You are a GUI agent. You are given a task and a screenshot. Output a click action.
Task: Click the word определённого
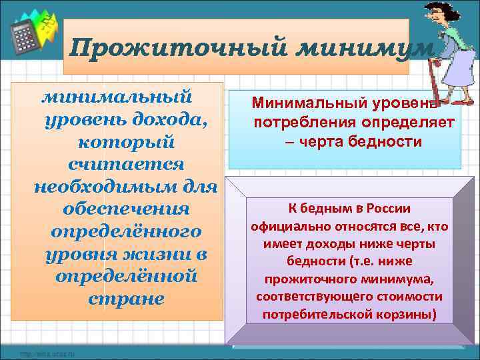coord(125,231)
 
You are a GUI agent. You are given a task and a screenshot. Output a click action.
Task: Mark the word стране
coord(125,298)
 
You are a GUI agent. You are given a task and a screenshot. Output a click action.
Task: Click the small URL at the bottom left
coord(47,353)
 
